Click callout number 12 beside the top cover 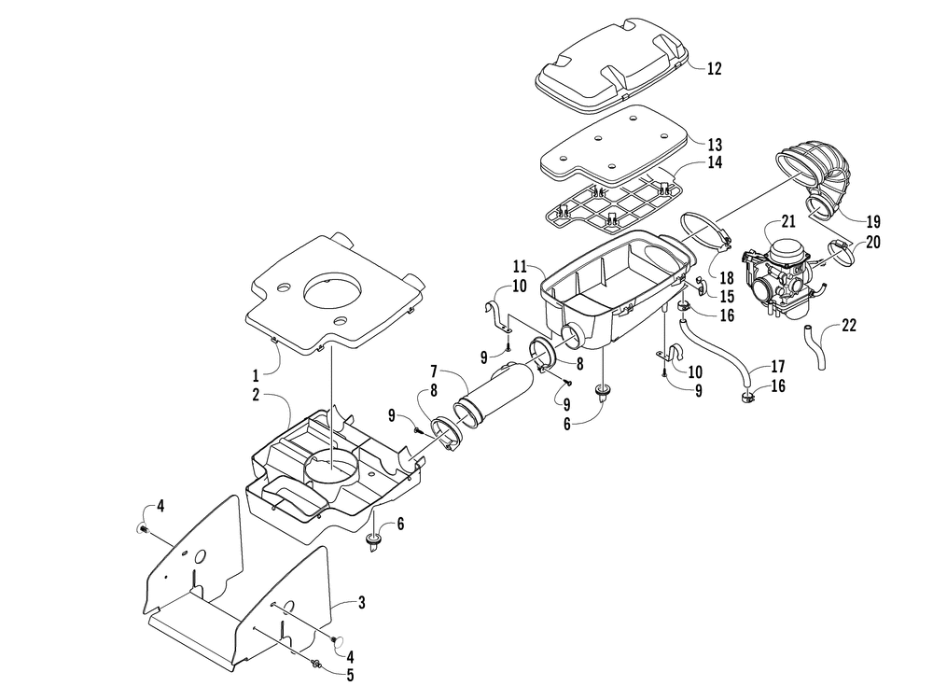714,68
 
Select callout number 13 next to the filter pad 714,144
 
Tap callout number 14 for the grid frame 714,161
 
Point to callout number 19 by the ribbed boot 872,222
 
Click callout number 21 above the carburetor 787,221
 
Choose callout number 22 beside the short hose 848,325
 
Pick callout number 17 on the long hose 777,366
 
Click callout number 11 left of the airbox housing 520,265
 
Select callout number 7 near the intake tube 434,372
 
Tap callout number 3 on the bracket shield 361,602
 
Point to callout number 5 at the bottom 350,675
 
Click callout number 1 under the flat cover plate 256,375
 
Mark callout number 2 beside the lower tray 256,395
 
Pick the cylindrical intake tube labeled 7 493,394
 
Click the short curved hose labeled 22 815,348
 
